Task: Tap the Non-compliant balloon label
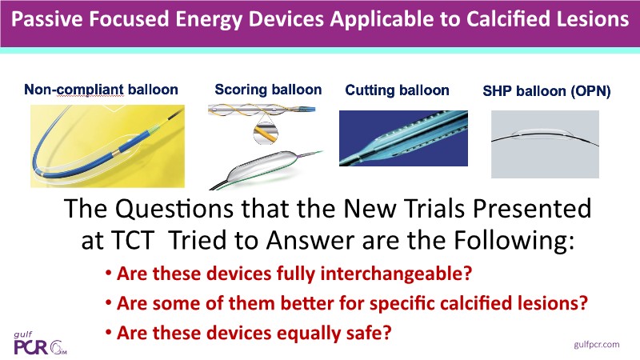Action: coord(102,90)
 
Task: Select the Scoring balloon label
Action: coord(268,90)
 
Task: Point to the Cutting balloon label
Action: coord(397,90)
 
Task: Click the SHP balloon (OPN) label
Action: coord(546,90)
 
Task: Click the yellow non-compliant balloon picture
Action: coord(107,146)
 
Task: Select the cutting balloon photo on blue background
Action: coord(403,138)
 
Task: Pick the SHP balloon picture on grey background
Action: coord(545,144)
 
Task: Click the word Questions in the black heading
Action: coord(174,208)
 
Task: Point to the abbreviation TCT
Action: coord(134,240)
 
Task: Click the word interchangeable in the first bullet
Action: coord(396,273)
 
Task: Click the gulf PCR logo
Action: coord(40,343)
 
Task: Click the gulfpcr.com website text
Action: coord(596,345)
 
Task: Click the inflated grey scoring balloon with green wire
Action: coord(266,168)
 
